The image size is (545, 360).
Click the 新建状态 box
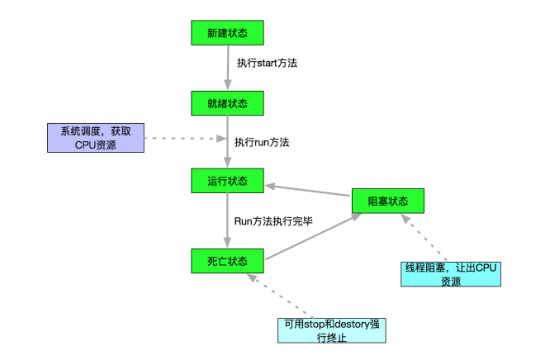(x=227, y=32)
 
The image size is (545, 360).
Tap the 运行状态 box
(x=227, y=180)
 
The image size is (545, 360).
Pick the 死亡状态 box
(x=227, y=262)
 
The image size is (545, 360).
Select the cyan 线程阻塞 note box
(x=449, y=274)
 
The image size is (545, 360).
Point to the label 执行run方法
(x=261, y=142)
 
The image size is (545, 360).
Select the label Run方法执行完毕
(x=273, y=221)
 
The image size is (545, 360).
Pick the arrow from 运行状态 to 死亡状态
(x=227, y=220)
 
